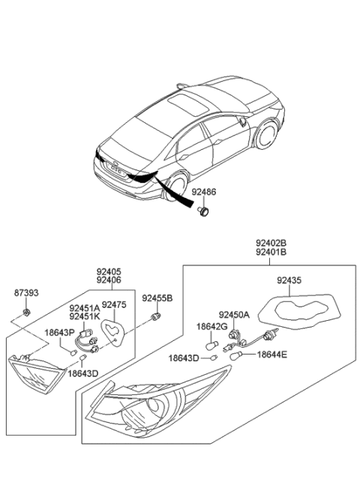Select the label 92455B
157,298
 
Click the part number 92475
115,305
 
